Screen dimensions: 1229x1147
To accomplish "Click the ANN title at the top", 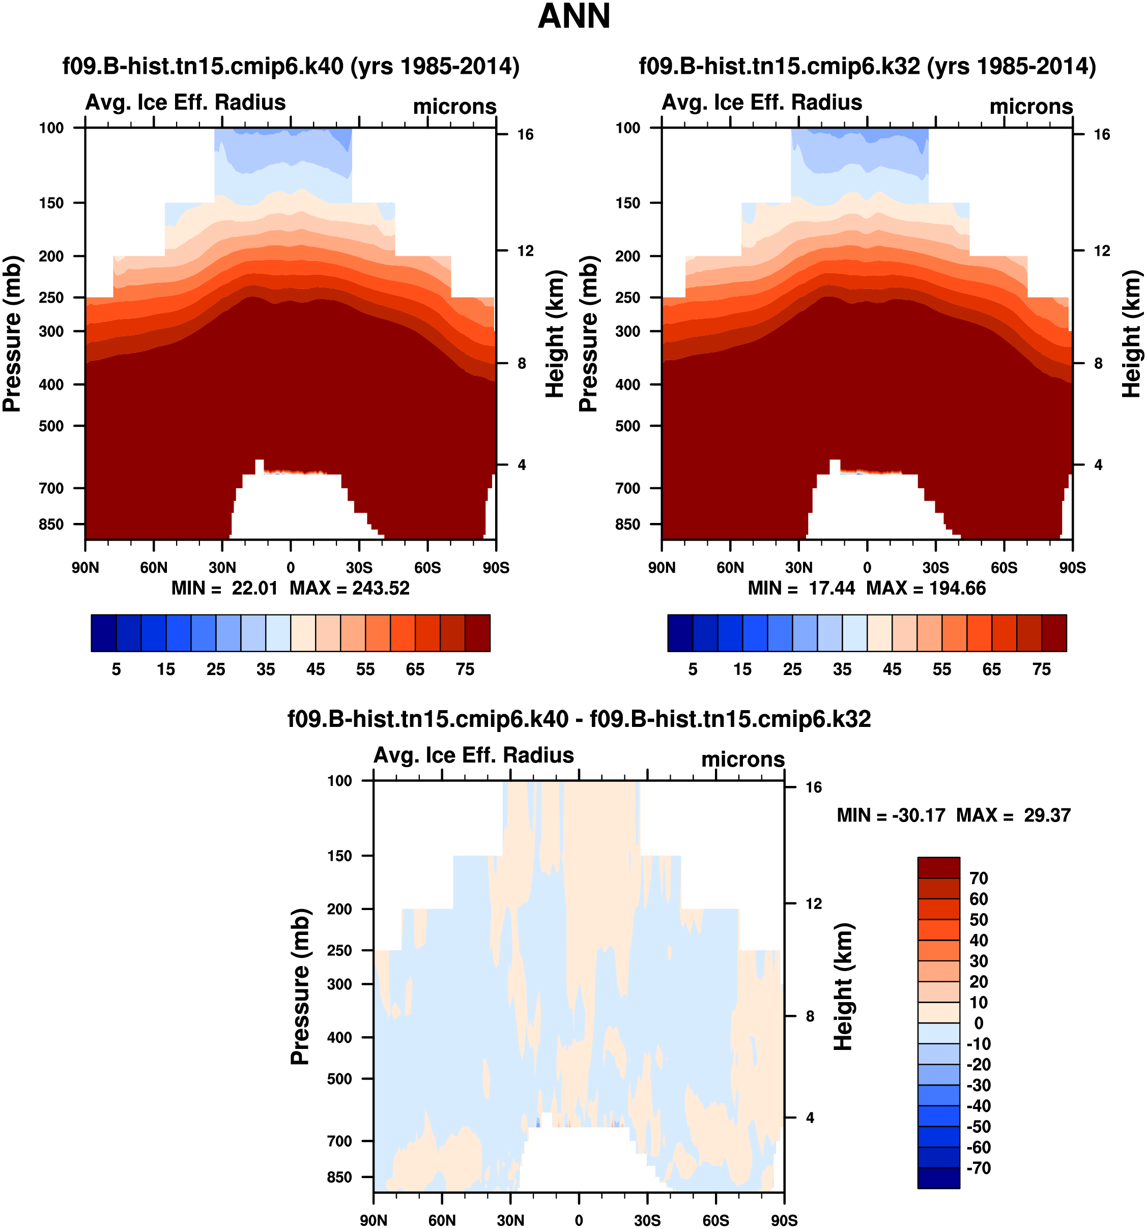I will tap(574, 17).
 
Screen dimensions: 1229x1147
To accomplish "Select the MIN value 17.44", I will tap(831, 588).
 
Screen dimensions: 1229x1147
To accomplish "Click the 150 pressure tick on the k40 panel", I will tap(51, 203).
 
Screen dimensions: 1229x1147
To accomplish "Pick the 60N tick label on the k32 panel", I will tap(730, 568).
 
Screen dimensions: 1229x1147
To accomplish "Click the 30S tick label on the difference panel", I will tap(647, 1220).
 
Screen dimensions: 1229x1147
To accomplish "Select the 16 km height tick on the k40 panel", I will tap(525, 135).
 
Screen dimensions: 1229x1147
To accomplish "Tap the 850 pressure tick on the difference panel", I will tap(339, 1178).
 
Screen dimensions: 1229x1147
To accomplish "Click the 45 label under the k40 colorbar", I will tap(316, 669).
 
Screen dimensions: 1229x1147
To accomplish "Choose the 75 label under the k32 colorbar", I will tap(1042, 669).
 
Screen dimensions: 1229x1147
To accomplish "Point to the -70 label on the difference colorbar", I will tap(979, 1168).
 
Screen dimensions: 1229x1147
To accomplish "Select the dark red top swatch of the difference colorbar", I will tap(939, 867).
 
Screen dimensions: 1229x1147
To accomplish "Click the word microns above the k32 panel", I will tap(1031, 107).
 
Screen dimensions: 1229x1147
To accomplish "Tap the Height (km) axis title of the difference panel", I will tap(843, 987).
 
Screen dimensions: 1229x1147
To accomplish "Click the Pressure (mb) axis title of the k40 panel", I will tap(12, 334).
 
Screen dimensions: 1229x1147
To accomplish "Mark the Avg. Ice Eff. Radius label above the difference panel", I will tap(474, 755).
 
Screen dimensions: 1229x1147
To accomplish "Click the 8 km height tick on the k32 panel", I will tap(1098, 364).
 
